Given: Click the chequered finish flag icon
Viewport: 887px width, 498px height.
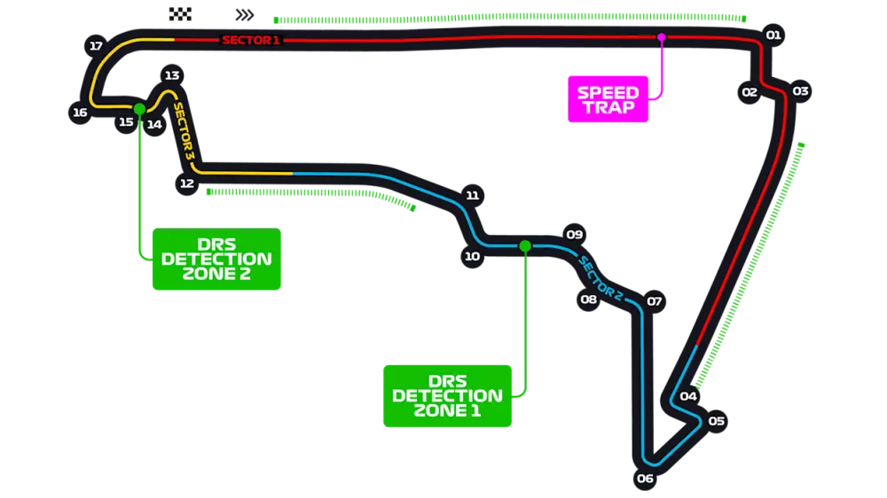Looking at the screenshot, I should click(179, 12).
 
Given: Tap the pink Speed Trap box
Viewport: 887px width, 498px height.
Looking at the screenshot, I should click(608, 99).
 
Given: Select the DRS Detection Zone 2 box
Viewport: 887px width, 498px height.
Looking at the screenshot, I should click(216, 259).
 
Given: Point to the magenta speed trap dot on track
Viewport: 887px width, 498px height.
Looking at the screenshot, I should click(661, 37).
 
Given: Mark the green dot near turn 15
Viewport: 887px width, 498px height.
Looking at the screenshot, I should click(139, 108).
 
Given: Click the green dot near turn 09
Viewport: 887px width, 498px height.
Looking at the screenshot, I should click(524, 245).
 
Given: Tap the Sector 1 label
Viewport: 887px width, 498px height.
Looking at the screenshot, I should click(250, 40).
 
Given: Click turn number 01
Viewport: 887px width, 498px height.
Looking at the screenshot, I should click(773, 35).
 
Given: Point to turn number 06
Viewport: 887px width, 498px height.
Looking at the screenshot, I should click(645, 479).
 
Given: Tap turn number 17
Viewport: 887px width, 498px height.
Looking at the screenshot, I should click(97, 46).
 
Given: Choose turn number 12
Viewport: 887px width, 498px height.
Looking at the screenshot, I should click(186, 183).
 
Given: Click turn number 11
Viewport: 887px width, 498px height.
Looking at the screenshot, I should click(472, 195).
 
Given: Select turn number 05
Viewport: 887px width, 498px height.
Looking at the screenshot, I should click(717, 421).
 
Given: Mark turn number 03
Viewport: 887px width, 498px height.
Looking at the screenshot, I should click(800, 91).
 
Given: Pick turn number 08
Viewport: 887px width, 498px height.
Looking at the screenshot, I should click(589, 300).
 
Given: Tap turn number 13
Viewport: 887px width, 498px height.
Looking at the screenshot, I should click(172, 75).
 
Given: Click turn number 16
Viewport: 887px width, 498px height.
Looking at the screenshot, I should click(80, 113).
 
